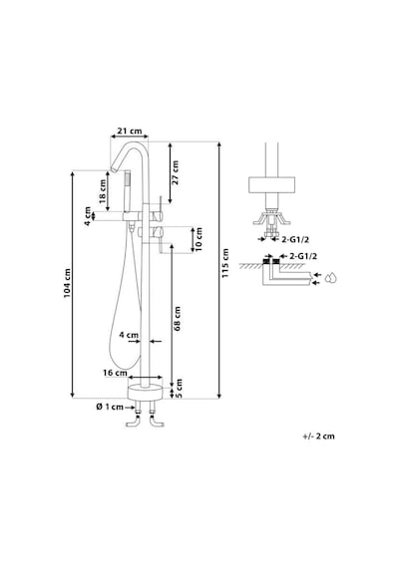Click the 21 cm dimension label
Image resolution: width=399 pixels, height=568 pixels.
(129, 131)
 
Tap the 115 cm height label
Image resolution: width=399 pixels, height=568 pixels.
(225, 263)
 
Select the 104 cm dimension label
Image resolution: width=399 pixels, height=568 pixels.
(67, 283)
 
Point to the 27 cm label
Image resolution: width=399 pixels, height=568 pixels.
(176, 172)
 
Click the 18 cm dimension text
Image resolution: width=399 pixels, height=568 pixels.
(103, 192)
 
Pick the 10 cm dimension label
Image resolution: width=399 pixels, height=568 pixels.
(199, 240)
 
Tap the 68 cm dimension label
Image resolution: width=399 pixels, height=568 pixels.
(178, 319)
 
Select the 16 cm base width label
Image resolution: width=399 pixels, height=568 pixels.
(115, 373)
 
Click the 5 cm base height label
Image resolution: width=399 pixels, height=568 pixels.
(179, 389)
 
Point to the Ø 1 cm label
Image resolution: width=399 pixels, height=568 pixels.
(110, 408)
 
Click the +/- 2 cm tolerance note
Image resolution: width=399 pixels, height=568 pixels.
(319, 436)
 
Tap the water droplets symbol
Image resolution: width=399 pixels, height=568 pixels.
(330, 277)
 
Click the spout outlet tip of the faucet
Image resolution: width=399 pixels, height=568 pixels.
(114, 169)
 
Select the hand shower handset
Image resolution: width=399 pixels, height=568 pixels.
(127, 192)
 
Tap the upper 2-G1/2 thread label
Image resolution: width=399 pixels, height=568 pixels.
(295, 239)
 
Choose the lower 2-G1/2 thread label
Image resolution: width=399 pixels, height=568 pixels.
(303, 256)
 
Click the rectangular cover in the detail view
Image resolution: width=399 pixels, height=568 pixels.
(271, 184)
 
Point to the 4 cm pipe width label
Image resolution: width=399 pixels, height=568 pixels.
(129, 335)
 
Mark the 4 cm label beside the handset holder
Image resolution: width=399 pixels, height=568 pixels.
(88, 216)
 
